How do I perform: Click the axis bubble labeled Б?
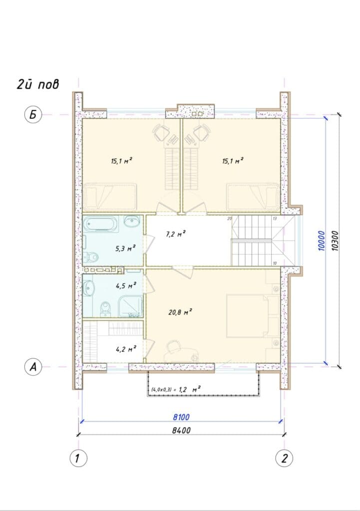(33, 115)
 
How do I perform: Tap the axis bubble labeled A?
(33, 367)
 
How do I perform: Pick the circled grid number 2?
(284, 458)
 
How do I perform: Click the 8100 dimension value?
(181, 417)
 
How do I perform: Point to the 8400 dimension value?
(181, 430)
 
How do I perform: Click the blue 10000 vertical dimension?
(322, 241)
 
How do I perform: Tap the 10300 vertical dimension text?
(335, 241)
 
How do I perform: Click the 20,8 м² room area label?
(180, 312)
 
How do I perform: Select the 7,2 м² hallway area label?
(176, 234)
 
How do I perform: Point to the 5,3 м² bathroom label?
(125, 249)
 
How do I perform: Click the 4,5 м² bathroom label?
(125, 286)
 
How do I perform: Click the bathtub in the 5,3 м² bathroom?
(101, 225)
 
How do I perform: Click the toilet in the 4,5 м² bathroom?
(105, 309)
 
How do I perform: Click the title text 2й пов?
(38, 85)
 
